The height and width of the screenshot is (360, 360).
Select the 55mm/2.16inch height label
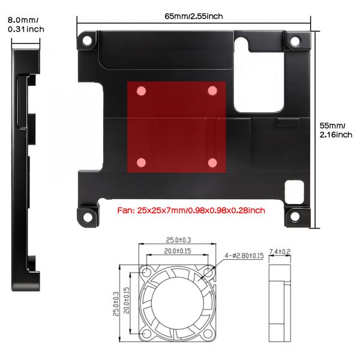(x=336, y=130)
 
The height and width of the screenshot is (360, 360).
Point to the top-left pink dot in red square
(x=142, y=91)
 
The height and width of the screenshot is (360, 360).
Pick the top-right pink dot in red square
(x=212, y=90)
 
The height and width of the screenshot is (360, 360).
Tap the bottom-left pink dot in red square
(x=142, y=162)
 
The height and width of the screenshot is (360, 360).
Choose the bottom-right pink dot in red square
(x=212, y=162)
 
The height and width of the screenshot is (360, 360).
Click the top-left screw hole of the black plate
(x=88, y=41)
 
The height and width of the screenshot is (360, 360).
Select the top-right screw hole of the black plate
(x=295, y=41)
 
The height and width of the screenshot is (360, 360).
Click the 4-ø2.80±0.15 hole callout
(x=242, y=256)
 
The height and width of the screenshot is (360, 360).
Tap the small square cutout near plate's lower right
(x=294, y=190)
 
